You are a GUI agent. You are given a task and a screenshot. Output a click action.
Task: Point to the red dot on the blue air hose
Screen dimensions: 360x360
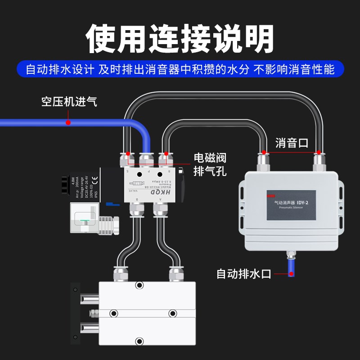pos(68,122)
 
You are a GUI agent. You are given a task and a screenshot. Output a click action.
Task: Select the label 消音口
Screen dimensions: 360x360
pos(292,143)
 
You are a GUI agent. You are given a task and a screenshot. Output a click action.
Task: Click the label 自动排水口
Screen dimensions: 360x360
pos(244,273)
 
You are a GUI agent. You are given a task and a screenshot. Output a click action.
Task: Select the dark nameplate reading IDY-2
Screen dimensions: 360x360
pos(291,205)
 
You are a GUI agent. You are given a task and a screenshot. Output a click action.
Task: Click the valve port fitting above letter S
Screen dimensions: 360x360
pos(126,160)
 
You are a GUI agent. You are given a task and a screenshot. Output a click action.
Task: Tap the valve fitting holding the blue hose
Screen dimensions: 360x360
pos(146,160)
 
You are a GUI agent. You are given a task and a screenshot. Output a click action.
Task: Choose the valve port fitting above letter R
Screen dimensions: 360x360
pos(166,160)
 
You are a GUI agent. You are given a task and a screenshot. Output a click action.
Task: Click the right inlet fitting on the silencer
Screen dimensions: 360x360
pos(319,162)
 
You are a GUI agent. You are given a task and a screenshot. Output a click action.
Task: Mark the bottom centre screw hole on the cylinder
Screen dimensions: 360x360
pos(140,341)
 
